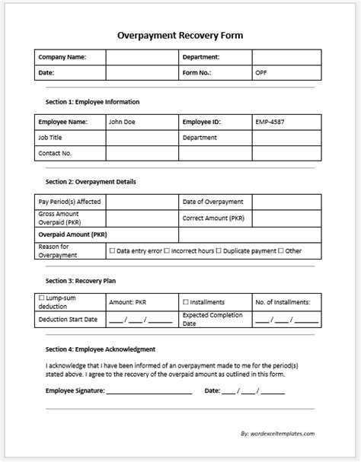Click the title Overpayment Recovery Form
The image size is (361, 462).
tap(180, 35)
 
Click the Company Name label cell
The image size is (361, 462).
tap(62, 57)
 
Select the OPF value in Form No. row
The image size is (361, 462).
tap(261, 73)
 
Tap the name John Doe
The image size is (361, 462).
tap(122, 121)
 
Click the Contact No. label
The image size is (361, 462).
tap(55, 154)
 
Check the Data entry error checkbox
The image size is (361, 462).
tap(112, 250)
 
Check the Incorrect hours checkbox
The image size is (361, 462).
tap(167, 250)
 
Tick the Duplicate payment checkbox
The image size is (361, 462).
tap(219, 250)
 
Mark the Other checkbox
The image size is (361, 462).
tap(281, 250)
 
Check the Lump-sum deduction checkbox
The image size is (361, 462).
tap(41, 299)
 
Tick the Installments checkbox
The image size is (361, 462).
tap(186, 302)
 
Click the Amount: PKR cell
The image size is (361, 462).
tap(129, 302)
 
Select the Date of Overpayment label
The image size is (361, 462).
tap(212, 202)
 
